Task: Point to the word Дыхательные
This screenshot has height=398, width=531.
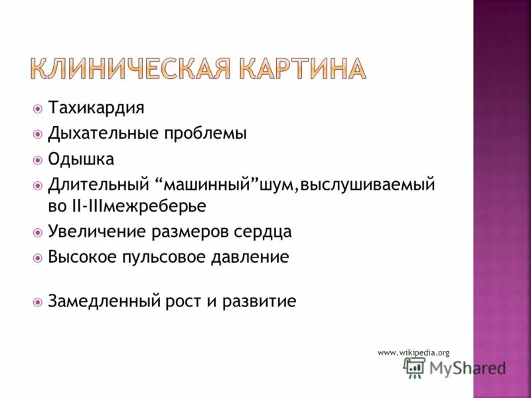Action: pos(100,133)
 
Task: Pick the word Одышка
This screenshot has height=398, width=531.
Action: pos(81,159)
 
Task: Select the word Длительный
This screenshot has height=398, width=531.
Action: pos(98,185)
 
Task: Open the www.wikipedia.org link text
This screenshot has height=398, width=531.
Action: pos(414,352)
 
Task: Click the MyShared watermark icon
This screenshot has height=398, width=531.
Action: pos(415,368)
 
